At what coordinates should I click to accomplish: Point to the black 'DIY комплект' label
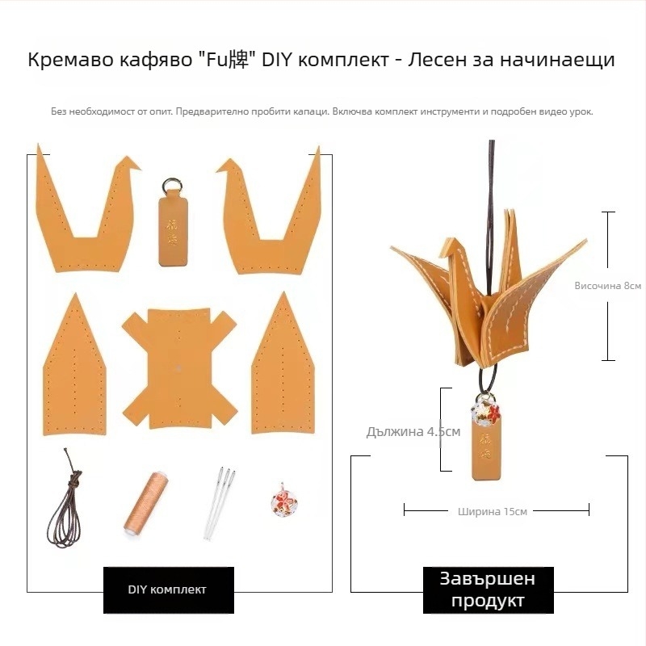168,589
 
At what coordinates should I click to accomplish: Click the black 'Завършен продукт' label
488,589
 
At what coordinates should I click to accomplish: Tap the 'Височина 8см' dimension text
607,285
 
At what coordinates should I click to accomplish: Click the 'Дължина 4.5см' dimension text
413,431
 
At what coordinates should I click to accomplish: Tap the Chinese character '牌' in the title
245,60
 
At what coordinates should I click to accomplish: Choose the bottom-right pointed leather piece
284,363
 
